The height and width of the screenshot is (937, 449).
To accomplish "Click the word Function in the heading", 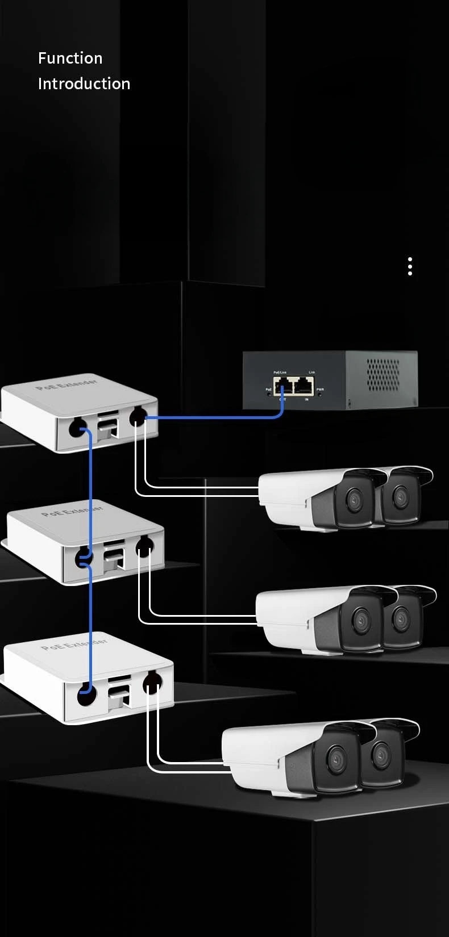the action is (x=70, y=58).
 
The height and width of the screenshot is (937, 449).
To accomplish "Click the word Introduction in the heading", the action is (x=84, y=83).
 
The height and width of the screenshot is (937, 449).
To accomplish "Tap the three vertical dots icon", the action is (x=410, y=266).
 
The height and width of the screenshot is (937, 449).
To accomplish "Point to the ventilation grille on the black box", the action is (x=384, y=374).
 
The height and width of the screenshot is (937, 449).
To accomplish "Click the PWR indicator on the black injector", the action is (x=321, y=390).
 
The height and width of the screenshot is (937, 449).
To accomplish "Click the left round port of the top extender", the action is (x=76, y=427).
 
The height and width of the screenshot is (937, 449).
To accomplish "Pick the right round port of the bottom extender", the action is (x=152, y=683).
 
